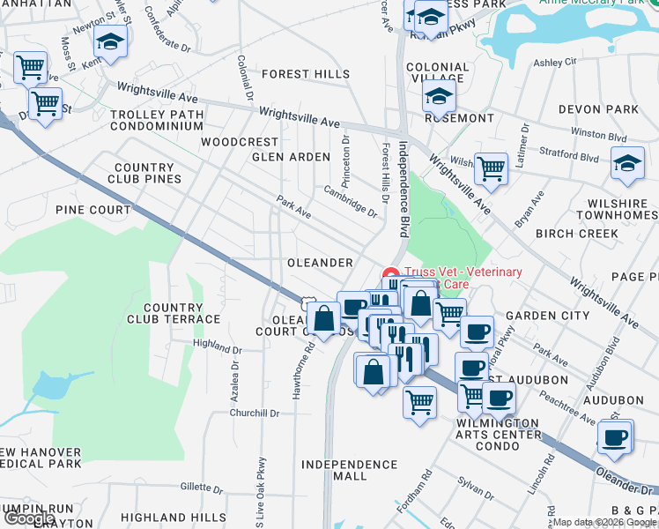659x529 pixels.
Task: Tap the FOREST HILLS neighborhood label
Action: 305,75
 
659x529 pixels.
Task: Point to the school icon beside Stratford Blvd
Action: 627,163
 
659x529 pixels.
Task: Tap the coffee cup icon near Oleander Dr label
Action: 614,435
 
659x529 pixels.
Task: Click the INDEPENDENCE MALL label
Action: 334,470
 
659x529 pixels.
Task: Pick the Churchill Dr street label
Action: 255,413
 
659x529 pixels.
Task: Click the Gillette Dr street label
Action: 204,487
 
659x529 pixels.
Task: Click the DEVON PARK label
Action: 598,109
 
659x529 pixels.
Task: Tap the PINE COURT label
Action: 93,211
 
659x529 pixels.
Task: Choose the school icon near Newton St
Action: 111,41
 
